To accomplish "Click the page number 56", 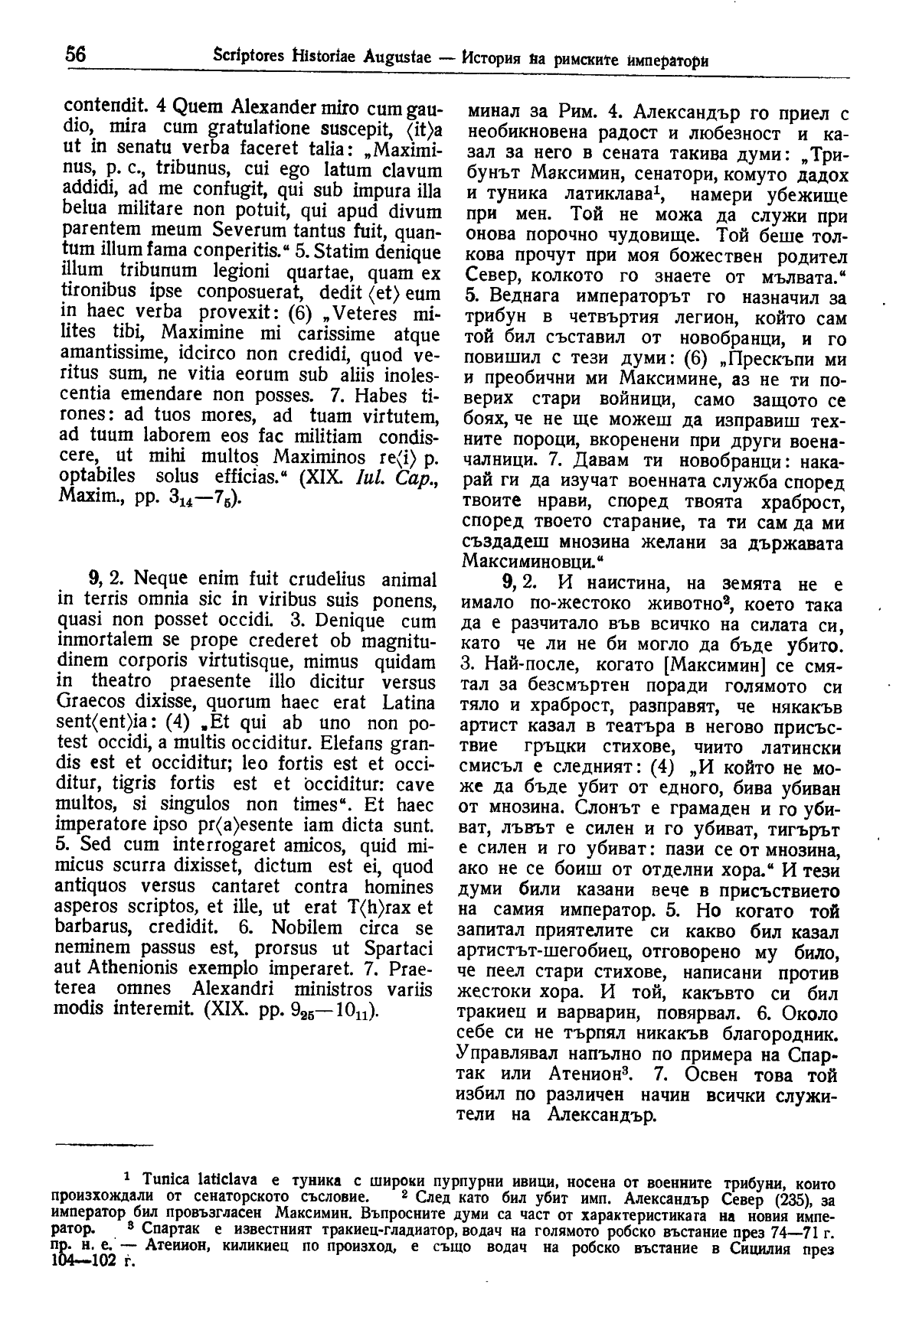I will pos(76,55).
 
